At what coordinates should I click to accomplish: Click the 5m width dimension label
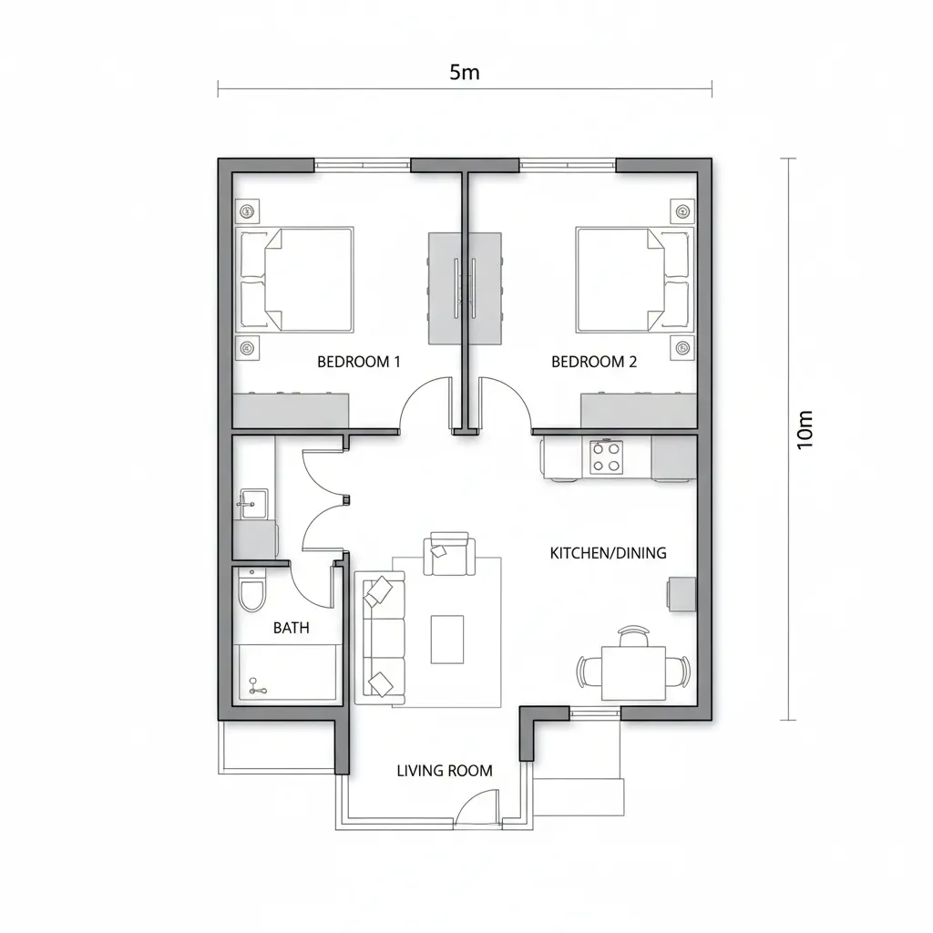(464, 73)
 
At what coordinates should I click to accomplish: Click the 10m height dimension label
(805, 430)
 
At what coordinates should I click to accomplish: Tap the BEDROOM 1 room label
(358, 362)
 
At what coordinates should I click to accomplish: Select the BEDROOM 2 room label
(594, 362)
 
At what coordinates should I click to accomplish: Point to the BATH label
(291, 628)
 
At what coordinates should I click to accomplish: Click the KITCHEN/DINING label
(608, 553)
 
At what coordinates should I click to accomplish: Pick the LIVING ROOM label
(445, 771)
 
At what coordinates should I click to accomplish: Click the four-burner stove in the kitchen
(606, 457)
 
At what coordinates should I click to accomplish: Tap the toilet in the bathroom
(251, 590)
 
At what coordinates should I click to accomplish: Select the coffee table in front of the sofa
(447, 640)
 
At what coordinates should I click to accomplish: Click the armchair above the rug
(449, 554)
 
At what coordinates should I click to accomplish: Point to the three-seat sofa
(380, 638)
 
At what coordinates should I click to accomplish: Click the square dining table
(634, 673)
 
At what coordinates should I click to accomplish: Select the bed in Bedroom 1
(295, 280)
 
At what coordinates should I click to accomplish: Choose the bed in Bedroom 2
(634, 280)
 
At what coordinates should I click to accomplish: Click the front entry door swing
(477, 805)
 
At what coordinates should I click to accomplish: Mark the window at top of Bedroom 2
(568, 165)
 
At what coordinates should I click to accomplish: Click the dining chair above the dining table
(634, 635)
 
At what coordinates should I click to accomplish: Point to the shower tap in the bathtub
(257, 685)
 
